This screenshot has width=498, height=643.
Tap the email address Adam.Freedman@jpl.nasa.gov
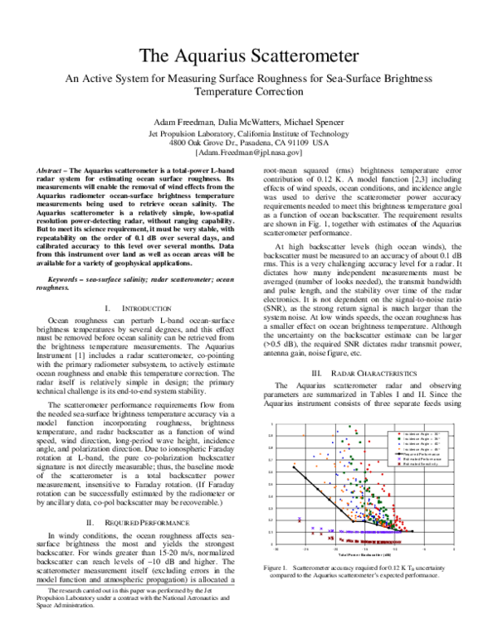pyautogui.click(x=249, y=153)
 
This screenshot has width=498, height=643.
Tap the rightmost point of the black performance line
pyautogui.click(x=413, y=531)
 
